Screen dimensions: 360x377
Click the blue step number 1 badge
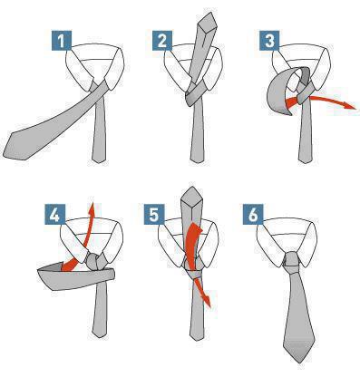62,40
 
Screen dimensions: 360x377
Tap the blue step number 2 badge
162,40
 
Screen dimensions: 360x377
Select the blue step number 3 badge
269,40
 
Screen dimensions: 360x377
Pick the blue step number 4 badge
54,214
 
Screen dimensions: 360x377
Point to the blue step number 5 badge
154,214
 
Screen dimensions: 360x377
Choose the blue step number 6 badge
253,214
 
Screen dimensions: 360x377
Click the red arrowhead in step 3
350,106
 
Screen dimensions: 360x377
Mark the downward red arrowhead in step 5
206,301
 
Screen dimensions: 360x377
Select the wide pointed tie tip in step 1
14,145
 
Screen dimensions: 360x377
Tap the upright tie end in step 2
208,21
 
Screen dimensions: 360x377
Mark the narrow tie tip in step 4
99,332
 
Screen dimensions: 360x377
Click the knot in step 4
95,261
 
